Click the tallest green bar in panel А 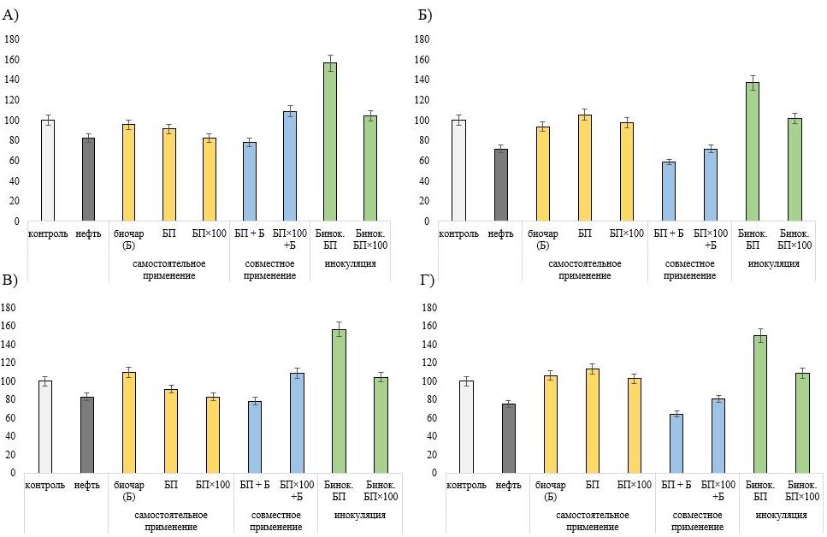click(x=329, y=141)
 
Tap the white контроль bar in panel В click(x=45, y=426)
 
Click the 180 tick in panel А click(x=11, y=39)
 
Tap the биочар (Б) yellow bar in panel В click(x=128, y=422)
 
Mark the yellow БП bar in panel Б click(x=585, y=168)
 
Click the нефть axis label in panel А click(x=88, y=234)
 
